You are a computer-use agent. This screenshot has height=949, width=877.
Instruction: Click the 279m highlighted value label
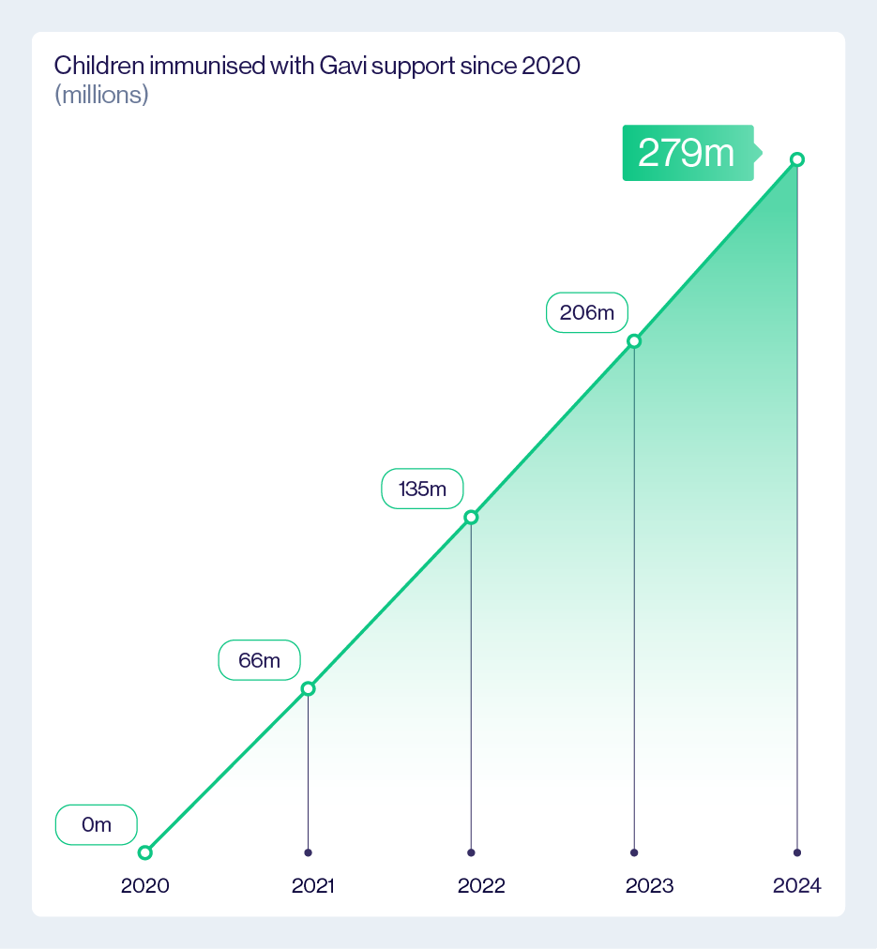[688, 153]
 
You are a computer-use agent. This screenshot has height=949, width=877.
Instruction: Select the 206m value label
[586, 312]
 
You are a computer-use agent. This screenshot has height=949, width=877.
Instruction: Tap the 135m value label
[422, 489]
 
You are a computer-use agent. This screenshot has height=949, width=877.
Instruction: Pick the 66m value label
[259, 660]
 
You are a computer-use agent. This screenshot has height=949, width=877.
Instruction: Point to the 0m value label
[97, 825]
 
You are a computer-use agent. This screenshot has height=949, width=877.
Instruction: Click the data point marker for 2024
[797, 159]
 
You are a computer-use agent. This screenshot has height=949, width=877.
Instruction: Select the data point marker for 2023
[634, 340]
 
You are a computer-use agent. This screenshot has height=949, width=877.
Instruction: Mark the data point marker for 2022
[471, 518]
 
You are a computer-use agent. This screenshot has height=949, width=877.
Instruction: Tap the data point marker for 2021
[308, 689]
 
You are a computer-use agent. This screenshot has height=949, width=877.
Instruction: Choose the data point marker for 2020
[144, 852]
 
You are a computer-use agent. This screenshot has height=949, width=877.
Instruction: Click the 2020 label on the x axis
[145, 886]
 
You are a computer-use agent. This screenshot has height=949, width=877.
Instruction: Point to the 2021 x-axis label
[312, 886]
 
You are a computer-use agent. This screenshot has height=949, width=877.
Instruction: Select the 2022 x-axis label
[481, 886]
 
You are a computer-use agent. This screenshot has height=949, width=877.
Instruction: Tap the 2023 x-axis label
[649, 886]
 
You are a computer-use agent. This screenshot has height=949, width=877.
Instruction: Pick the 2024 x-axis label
[797, 886]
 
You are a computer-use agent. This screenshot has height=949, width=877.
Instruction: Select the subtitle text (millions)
[101, 95]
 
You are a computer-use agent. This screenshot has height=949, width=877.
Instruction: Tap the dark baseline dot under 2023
[634, 852]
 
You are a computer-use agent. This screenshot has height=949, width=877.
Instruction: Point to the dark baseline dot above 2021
[308, 852]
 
